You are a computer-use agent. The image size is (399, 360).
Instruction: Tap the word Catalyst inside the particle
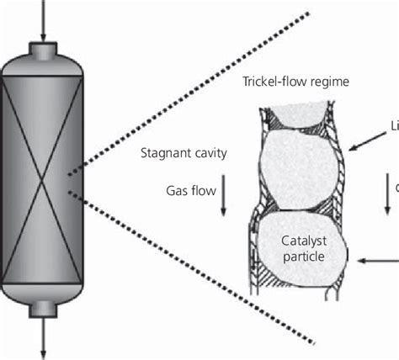[x=301, y=238]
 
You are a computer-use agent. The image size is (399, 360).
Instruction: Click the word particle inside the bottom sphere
[x=301, y=252]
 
